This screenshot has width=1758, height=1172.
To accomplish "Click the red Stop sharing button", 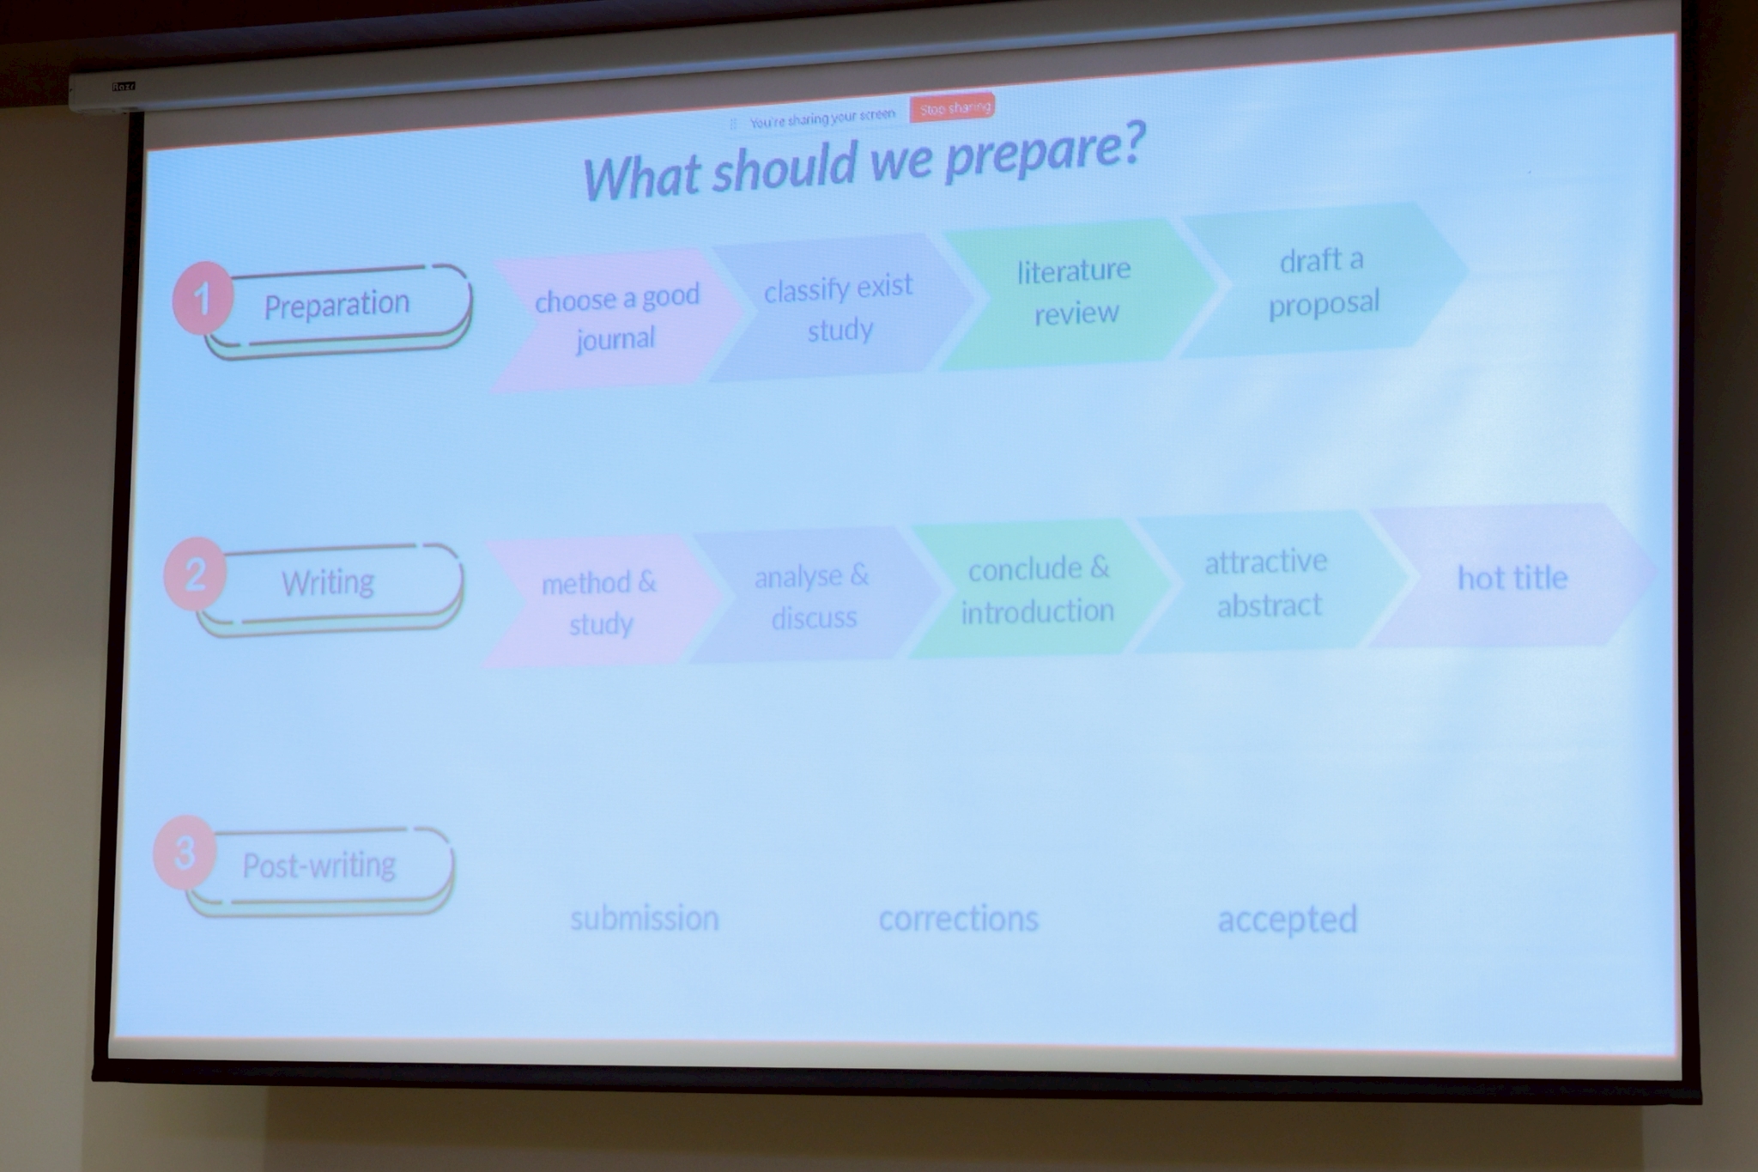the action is tap(952, 107).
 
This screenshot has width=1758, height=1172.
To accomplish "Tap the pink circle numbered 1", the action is tap(203, 298).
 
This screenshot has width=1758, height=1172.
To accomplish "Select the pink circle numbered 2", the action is tap(195, 574).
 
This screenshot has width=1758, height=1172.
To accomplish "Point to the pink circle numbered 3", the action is tap(184, 853).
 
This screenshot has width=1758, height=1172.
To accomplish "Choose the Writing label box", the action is tap(330, 586).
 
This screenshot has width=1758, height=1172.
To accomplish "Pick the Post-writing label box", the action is tap(319, 869).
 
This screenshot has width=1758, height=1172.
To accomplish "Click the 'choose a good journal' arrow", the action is tap(616, 320).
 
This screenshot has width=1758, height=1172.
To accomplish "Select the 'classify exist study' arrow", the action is tap(840, 308).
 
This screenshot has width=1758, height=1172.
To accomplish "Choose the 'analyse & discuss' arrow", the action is tap(813, 595).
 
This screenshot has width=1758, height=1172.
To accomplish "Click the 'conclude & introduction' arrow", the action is tap(1038, 588).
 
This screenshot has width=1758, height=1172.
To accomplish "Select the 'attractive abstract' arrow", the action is tap(1269, 582).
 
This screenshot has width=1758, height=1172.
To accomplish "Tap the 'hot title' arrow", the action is tap(1512, 576).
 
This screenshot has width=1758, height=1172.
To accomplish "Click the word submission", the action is tap(645, 918).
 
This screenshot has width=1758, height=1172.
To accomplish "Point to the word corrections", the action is tap(959, 918).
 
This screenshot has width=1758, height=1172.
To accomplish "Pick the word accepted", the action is tap(1288, 920).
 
